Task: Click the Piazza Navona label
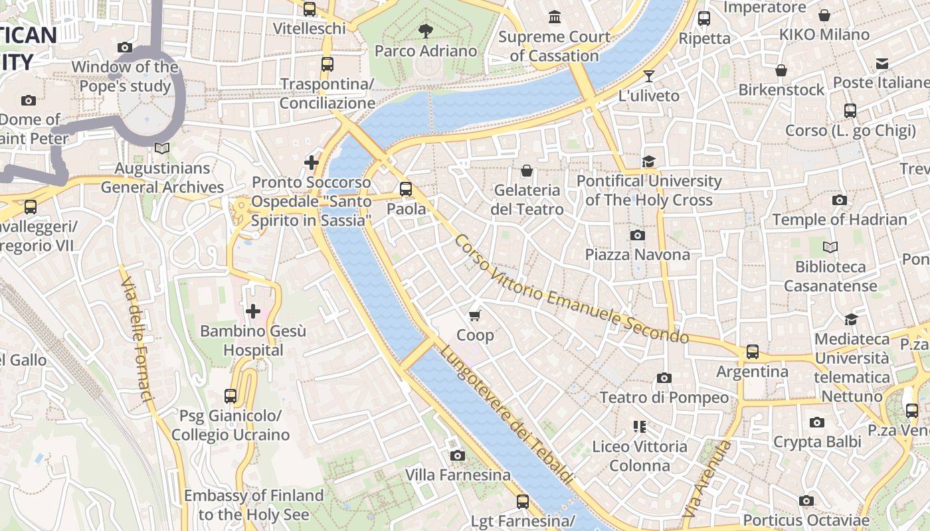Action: tap(637, 255)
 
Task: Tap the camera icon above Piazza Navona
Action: tap(637, 235)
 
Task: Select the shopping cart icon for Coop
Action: tap(474, 315)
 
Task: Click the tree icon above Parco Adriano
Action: tap(425, 30)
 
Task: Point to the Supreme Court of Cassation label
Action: tap(554, 46)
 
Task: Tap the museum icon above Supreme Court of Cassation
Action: tap(554, 16)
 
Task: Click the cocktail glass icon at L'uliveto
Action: tap(648, 76)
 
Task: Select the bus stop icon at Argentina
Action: tap(752, 351)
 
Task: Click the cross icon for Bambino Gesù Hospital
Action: tap(252, 311)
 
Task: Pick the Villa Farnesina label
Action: tap(458, 475)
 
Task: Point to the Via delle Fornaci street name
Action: tap(137, 339)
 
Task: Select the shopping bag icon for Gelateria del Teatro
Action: tap(527, 171)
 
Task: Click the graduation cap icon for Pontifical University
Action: tap(648, 161)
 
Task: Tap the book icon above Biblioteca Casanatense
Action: tap(830, 247)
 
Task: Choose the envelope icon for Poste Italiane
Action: tap(882, 64)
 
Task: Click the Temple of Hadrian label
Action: tap(839, 220)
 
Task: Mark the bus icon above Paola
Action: tap(406, 189)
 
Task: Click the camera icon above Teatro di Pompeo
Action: tap(664, 378)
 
